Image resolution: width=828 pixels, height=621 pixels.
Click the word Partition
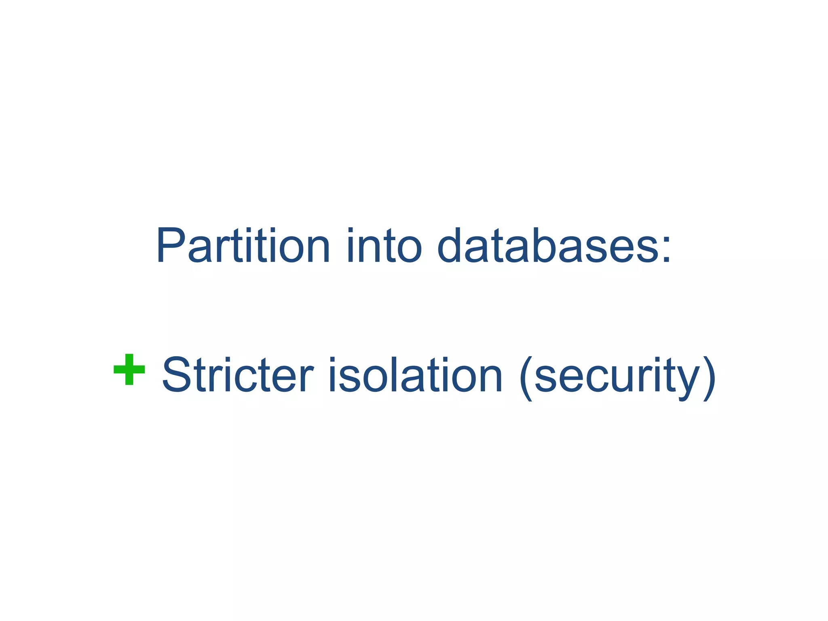243,245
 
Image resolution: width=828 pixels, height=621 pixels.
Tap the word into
384,245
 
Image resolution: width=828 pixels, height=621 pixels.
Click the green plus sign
129,370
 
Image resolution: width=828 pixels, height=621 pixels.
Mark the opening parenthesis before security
526,378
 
